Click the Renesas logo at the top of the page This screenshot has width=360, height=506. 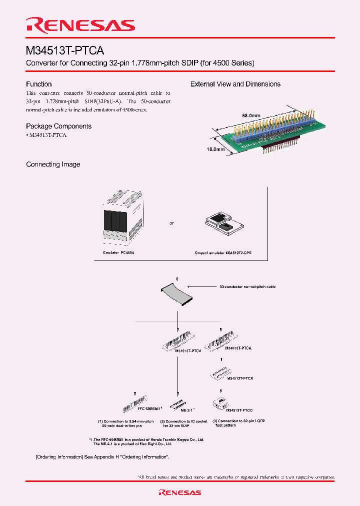pyautogui.click(x=80, y=25)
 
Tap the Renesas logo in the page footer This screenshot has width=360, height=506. pyautogui.click(x=179, y=492)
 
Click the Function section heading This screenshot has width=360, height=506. pyautogui.click(x=39, y=84)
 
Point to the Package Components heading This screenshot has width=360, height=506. pyautogui.click(x=58, y=126)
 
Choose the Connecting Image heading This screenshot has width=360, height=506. pyautogui.click(x=53, y=164)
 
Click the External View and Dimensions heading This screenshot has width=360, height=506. pyautogui.click(x=235, y=84)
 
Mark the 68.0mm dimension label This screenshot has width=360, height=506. pyautogui.click(x=251, y=115)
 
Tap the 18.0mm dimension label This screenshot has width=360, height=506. pyautogui.click(x=215, y=149)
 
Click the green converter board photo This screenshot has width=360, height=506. pyautogui.click(x=267, y=132)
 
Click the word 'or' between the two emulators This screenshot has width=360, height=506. pyautogui.click(x=171, y=223)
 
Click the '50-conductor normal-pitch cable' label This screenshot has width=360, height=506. pyautogui.click(x=247, y=287)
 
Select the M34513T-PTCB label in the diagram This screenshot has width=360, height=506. pyautogui.click(x=240, y=379)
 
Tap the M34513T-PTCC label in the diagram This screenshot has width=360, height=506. pyautogui.click(x=239, y=410)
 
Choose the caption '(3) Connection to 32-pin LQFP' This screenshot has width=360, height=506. pyautogui.click(x=238, y=421)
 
